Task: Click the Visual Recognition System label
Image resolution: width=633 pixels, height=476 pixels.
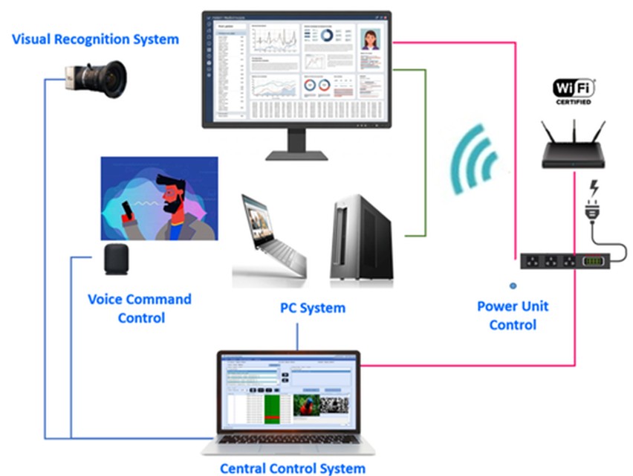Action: click(96, 39)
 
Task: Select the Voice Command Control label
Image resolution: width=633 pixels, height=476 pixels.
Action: click(140, 308)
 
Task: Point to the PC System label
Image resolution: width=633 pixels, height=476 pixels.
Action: click(312, 307)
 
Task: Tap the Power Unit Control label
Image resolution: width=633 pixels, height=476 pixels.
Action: click(513, 315)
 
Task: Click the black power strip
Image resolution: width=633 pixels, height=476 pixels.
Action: click(565, 262)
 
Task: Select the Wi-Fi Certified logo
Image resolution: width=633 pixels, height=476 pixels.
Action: click(574, 91)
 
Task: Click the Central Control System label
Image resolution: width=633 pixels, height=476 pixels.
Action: click(293, 468)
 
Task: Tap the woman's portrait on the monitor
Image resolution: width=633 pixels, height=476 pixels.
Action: click(370, 39)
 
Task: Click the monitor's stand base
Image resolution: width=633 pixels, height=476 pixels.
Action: click(296, 155)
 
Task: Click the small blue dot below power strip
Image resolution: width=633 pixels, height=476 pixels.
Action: click(513, 285)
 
